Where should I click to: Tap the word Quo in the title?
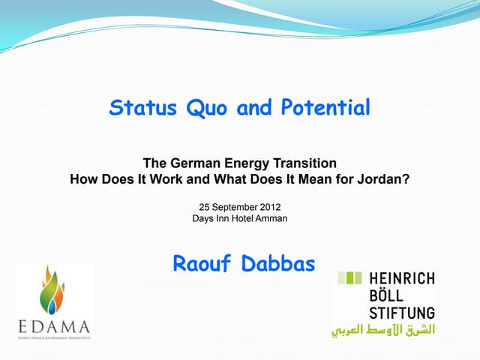coord(204,108)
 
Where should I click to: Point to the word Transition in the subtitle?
coord(303,163)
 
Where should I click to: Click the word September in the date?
coord(233,205)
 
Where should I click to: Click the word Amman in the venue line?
coord(271,218)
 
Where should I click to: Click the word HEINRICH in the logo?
coord(401,278)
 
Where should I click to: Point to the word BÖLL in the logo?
coord(386,295)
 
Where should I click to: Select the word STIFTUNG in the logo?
coord(401,311)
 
